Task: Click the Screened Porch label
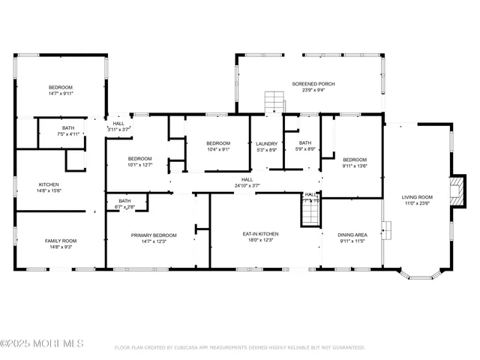click(x=313, y=84)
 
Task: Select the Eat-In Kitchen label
click(x=260, y=235)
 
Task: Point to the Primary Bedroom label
click(x=154, y=235)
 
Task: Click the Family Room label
click(x=61, y=241)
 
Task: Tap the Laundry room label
click(x=266, y=144)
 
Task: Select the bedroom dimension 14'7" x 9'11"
click(x=61, y=94)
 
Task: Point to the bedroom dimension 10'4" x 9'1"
click(x=218, y=149)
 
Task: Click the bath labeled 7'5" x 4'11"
click(x=68, y=134)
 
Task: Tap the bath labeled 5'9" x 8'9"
click(x=304, y=149)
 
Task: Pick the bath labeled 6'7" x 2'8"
click(x=124, y=206)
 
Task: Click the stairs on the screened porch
click(x=274, y=100)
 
